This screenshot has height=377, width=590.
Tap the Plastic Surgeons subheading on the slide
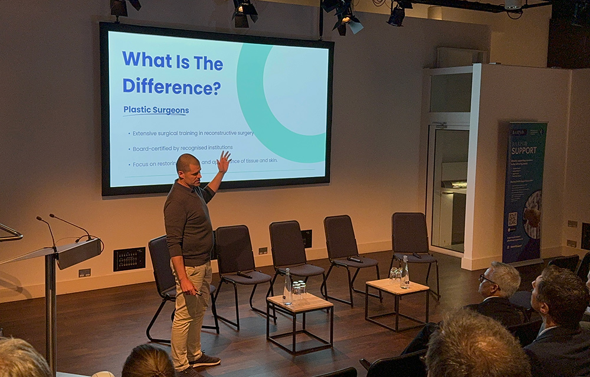point(156,110)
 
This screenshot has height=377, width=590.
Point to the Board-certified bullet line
point(182,147)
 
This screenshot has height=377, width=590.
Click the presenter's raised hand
point(224,161)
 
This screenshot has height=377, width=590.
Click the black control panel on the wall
point(129,259)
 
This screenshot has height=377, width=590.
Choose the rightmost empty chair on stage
point(413,242)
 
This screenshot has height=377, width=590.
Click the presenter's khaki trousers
point(190,307)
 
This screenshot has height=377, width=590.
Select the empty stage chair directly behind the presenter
point(162,272)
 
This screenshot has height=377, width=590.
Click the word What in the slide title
point(141,60)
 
